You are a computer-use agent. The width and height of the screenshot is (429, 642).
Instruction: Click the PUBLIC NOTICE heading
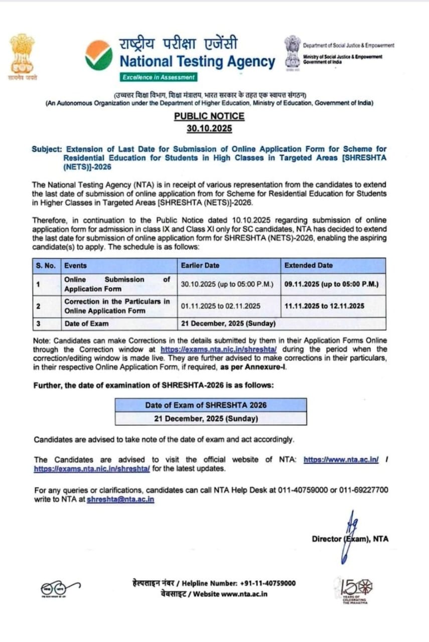tap(209, 116)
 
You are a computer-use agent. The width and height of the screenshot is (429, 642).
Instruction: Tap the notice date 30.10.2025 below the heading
tap(209, 128)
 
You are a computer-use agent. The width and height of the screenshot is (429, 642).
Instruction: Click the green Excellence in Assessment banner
tap(159, 77)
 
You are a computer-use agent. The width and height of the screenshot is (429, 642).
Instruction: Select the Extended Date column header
tap(308, 266)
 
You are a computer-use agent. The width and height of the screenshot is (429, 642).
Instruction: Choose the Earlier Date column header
tap(200, 266)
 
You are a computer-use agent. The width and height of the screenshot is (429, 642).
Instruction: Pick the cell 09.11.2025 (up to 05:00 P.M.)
tap(331, 284)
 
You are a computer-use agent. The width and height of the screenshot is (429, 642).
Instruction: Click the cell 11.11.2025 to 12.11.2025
tap(324, 305)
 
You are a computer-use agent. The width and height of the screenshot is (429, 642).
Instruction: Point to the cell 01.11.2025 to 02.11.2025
tap(221, 305)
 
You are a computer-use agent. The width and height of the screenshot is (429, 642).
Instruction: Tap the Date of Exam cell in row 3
tap(86, 324)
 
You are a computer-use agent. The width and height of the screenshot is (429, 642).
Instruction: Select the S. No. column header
tap(46, 266)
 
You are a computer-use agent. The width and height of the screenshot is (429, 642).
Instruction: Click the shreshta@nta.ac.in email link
tap(120, 500)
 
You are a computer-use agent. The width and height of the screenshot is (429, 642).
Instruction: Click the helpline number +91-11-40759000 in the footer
tap(268, 583)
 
